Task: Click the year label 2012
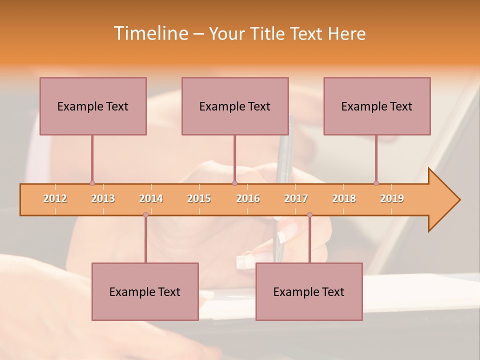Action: [55, 198]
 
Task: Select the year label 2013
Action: [103, 198]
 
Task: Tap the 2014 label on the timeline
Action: [151, 198]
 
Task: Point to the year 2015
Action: [199, 198]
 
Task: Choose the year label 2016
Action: [248, 198]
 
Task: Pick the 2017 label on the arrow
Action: [296, 198]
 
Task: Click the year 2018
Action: [344, 198]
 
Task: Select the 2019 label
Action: [392, 198]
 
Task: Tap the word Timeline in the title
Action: [150, 33]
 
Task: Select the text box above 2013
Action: [93, 106]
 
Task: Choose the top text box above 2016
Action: [235, 106]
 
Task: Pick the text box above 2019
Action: [377, 106]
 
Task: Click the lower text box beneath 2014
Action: [145, 291]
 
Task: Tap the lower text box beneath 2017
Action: [309, 291]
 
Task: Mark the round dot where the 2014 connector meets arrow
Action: [145, 214]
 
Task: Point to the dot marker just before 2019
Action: [376, 183]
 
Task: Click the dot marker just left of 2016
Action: [234, 183]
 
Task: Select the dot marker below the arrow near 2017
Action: [309, 214]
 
